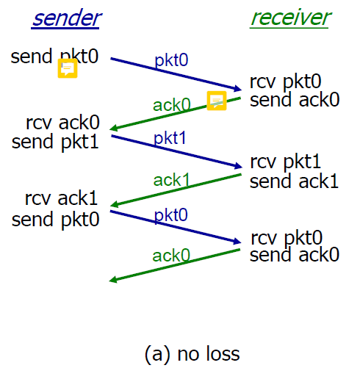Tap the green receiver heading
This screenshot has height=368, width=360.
click(290, 18)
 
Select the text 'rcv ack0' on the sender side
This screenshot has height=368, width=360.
click(63, 122)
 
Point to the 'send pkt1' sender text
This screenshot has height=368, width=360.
click(55, 142)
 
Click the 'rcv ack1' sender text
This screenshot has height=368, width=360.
click(62, 198)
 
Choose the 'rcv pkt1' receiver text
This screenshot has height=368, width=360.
click(286, 162)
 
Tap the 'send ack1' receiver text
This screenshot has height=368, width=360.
click(294, 181)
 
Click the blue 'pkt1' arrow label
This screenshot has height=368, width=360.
click(170, 139)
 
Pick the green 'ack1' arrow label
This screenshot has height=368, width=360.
click(171, 180)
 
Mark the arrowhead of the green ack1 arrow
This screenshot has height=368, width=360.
click(113, 204)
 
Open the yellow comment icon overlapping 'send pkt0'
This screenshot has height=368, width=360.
click(68, 68)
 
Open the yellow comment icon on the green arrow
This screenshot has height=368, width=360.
click(217, 101)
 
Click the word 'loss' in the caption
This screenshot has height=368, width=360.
click(223, 353)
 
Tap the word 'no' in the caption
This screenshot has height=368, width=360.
click(188, 355)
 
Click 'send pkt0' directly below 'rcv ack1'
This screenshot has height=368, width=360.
click(56, 220)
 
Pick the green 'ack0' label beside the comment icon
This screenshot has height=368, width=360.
click(172, 105)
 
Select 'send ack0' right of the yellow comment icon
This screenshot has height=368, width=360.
click(295, 100)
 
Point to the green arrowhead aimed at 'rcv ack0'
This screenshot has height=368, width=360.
click(113, 128)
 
